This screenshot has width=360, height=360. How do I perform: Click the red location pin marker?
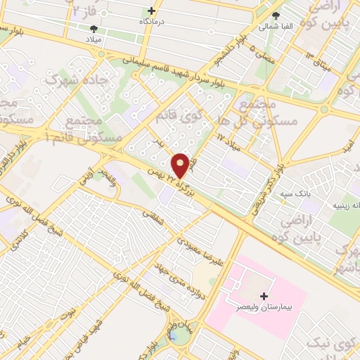[181, 165]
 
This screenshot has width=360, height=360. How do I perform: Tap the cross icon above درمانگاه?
[152, 11]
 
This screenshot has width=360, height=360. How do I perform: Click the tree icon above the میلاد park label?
[94, 29]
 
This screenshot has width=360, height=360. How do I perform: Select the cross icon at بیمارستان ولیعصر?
[264, 296]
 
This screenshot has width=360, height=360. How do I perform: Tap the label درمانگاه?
[153, 22]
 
